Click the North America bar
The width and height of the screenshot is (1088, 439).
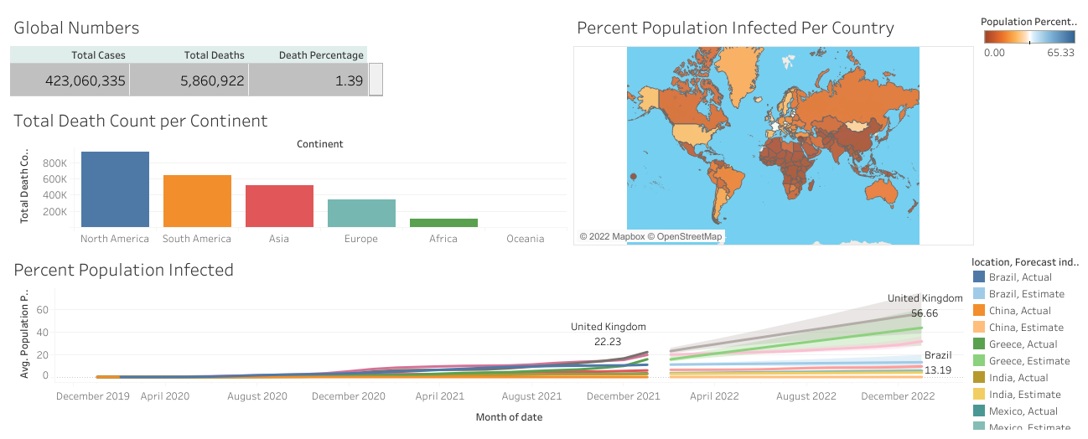click(115, 189)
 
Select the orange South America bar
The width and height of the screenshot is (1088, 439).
click(197, 201)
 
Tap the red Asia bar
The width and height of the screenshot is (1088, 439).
click(279, 206)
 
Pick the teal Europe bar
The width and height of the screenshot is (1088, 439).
click(361, 213)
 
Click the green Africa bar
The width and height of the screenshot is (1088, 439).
click(443, 223)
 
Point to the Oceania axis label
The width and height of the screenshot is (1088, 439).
click(526, 239)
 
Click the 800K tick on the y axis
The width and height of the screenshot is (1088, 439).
click(55, 163)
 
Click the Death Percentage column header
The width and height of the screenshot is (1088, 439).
click(321, 55)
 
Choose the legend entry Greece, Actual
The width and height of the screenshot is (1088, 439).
click(1023, 344)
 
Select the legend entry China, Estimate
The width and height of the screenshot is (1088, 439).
click(1026, 328)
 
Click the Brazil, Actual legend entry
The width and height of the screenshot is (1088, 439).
click(1020, 277)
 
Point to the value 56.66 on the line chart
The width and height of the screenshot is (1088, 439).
click(925, 313)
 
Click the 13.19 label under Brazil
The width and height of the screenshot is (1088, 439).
click(937, 370)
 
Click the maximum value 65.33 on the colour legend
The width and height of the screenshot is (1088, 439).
click(1062, 53)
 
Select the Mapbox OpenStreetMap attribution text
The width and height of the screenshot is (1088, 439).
click(650, 237)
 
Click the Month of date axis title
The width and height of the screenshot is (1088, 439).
click(509, 417)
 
